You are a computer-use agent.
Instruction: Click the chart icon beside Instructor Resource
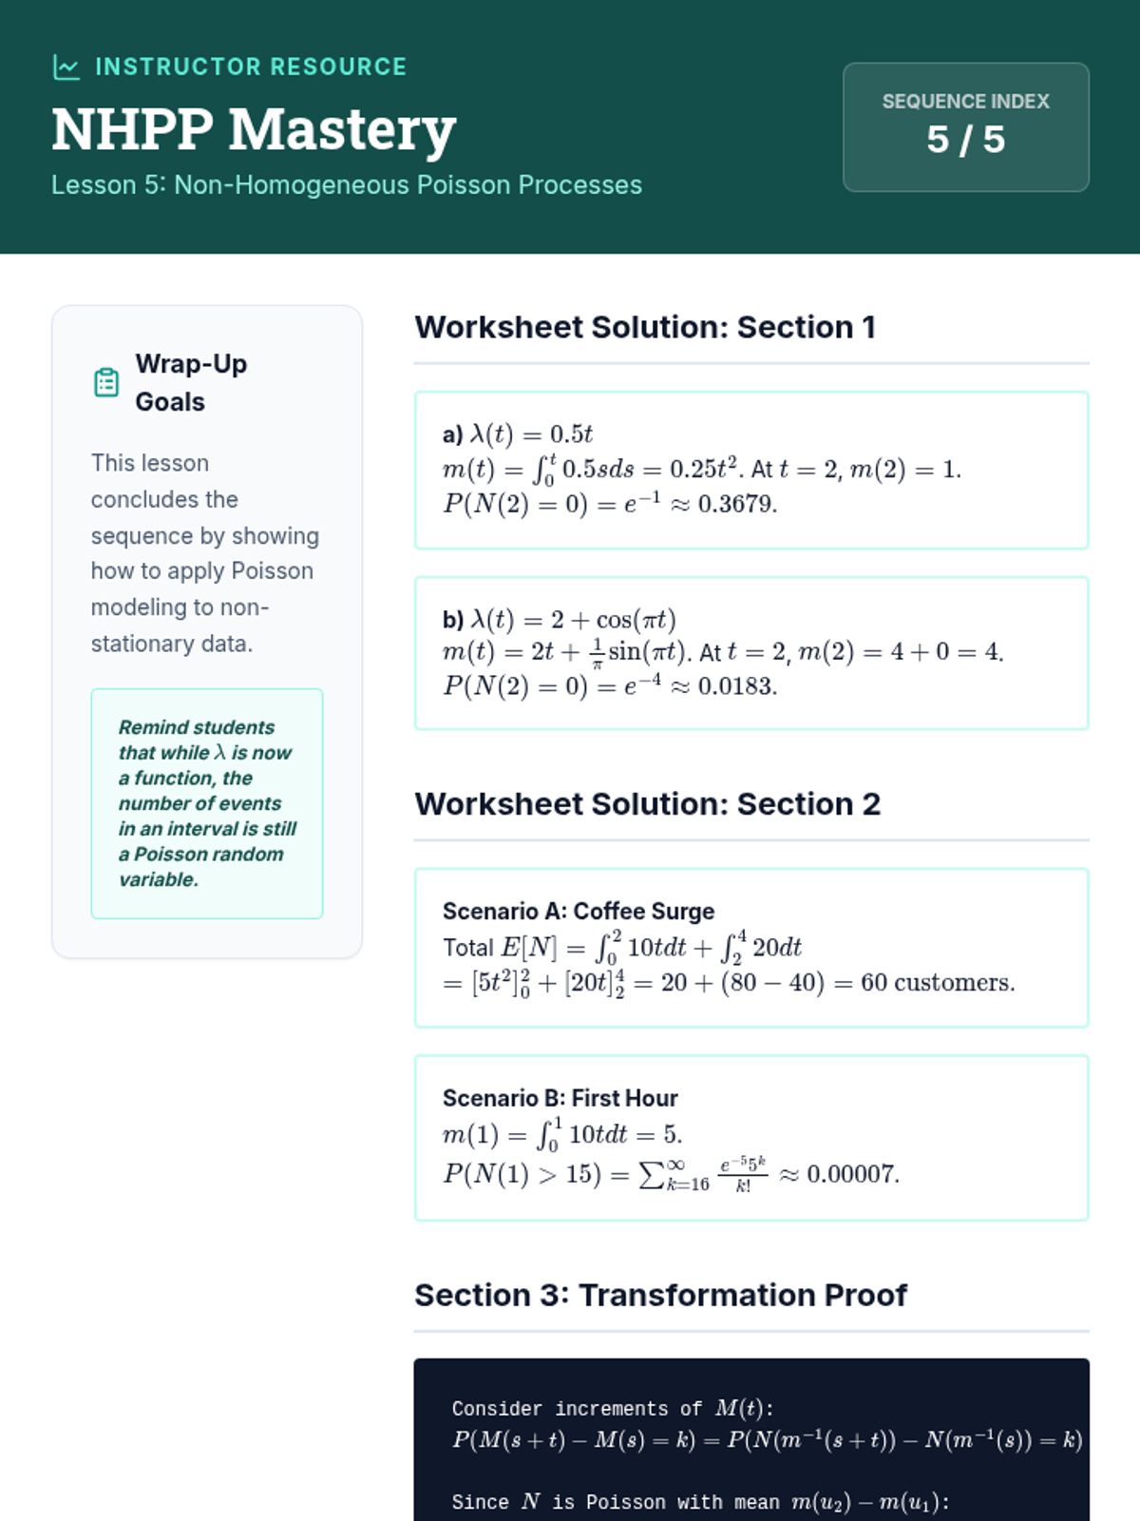(66, 67)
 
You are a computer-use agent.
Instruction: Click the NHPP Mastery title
(254, 129)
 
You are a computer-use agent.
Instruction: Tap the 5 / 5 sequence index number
(965, 140)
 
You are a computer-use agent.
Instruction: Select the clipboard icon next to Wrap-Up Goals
(106, 382)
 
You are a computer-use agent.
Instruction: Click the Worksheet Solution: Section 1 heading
(645, 327)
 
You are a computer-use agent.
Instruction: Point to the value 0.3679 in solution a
(736, 504)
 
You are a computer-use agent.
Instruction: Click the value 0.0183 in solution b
(736, 686)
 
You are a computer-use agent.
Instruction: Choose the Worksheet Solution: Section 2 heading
(647, 804)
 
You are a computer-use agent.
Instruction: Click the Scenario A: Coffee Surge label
(579, 911)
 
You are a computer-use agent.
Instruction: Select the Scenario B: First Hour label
(560, 1098)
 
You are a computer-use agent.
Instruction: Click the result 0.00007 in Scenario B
(851, 1174)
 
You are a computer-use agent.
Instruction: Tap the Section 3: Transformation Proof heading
(660, 1295)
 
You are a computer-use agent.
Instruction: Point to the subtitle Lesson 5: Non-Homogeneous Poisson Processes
(347, 184)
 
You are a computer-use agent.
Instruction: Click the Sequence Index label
(965, 101)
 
